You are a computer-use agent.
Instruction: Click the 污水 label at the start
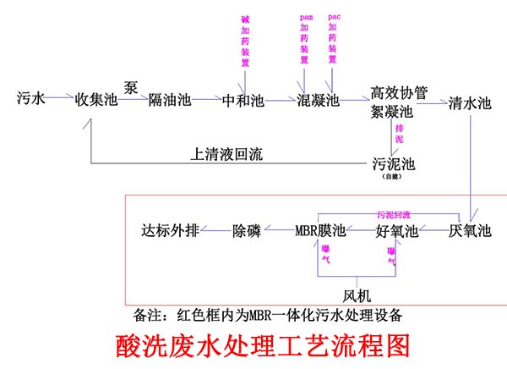[31, 98]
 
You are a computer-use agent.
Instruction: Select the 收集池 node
[95, 99]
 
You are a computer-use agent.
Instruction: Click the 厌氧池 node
[470, 230]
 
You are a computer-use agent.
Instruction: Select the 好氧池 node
[397, 230]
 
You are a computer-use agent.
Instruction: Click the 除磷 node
[250, 230]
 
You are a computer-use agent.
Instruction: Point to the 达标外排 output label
[169, 230]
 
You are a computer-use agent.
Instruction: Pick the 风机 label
[357, 295]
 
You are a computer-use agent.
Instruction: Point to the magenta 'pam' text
[306, 16]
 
